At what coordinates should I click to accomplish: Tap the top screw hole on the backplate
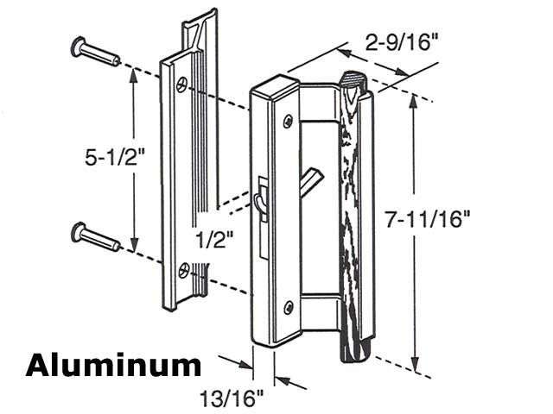[x=181, y=84]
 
